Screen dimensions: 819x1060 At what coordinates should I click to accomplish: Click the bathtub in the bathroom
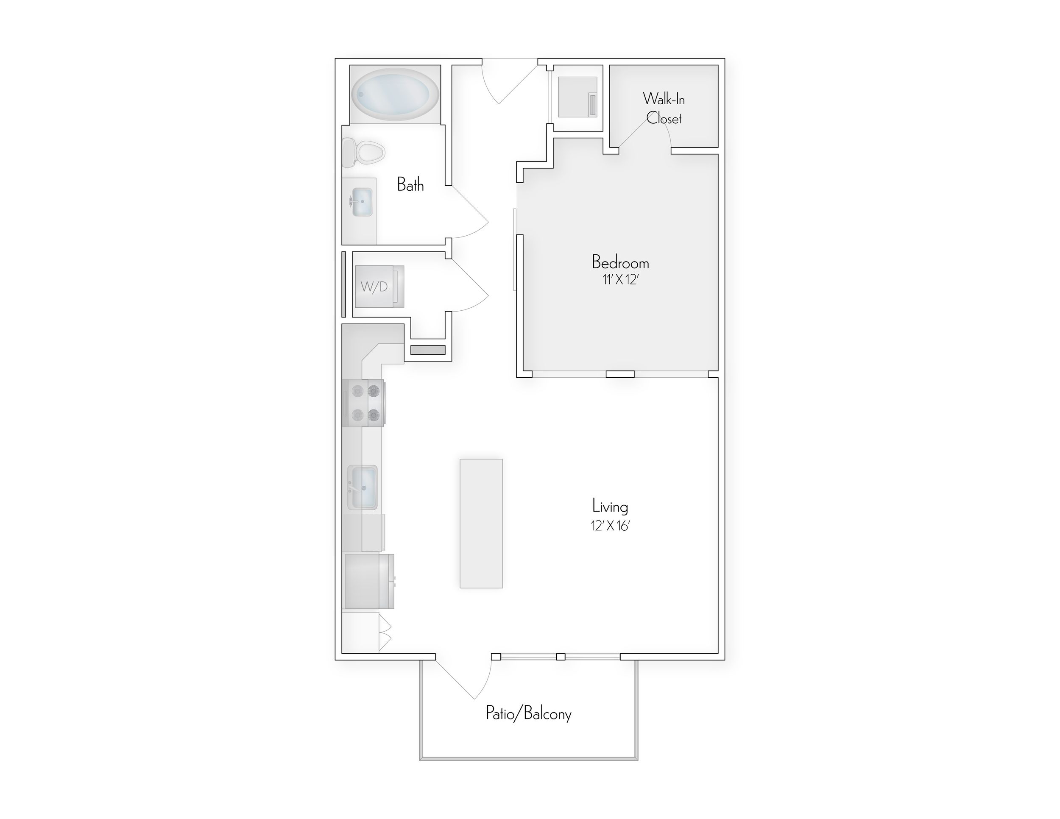[x=395, y=94]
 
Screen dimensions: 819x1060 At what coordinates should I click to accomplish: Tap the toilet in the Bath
[x=364, y=152]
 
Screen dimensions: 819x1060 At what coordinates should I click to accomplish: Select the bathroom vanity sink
[x=362, y=202]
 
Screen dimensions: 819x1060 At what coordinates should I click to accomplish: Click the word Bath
[x=410, y=185]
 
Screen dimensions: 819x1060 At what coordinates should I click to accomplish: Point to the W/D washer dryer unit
[x=379, y=287]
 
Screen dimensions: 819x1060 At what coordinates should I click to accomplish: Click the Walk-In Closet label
[x=664, y=109]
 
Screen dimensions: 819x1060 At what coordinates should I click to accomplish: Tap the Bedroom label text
[x=620, y=262]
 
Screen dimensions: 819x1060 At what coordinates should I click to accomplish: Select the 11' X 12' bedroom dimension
[x=620, y=280]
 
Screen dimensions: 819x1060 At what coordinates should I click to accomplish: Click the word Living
[x=610, y=507]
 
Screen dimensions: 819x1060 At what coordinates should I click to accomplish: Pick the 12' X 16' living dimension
[x=610, y=526]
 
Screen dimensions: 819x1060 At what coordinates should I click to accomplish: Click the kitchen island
[x=481, y=524]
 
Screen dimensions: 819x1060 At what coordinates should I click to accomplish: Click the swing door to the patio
[x=469, y=679]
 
